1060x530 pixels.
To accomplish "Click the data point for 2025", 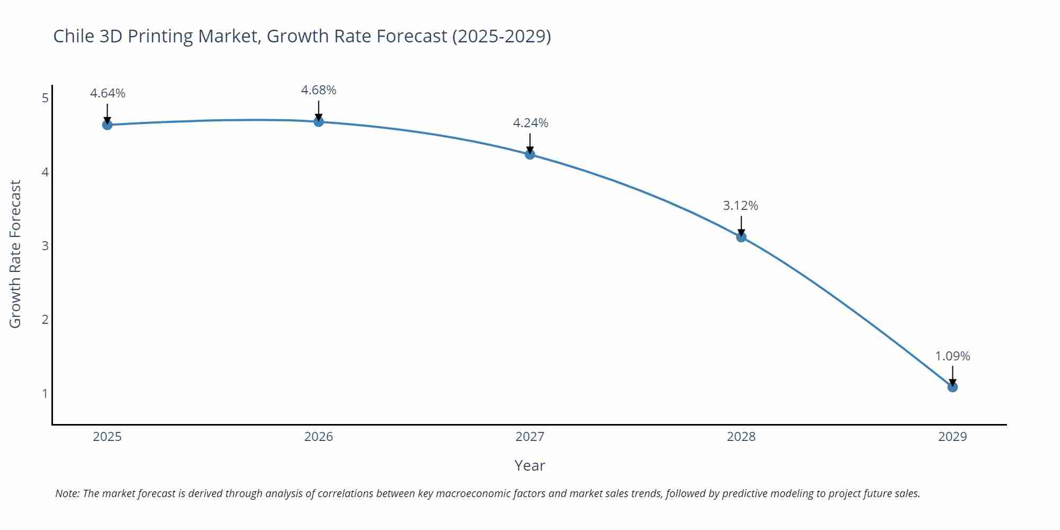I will click(x=107, y=125).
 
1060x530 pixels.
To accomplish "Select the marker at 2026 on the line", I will click(x=319, y=122).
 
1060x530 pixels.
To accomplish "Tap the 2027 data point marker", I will click(x=530, y=155).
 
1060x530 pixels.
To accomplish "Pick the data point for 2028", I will click(x=741, y=237).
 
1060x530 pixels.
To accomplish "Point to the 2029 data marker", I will click(x=952, y=387).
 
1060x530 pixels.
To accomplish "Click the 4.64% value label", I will click(x=108, y=94).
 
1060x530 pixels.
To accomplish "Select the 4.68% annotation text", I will click(x=319, y=91).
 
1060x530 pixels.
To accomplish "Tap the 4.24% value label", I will click(x=531, y=123).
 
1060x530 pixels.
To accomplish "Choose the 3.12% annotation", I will click(x=740, y=206).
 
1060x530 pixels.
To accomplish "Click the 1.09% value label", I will click(x=952, y=356).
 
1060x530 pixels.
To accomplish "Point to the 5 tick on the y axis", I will click(x=45, y=98).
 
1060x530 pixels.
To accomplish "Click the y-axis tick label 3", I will click(x=45, y=246).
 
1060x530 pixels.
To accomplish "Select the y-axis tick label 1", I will click(x=45, y=394).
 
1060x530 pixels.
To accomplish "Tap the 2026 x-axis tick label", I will click(x=319, y=437).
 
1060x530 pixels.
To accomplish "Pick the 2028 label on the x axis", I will click(x=741, y=437).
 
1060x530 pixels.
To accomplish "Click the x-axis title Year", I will click(x=529, y=465).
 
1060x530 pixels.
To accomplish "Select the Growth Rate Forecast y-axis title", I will click(x=15, y=254).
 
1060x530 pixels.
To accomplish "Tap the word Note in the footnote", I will click(x=67, y=493).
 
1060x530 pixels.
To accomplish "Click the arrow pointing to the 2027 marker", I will click(x=530, y=143).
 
